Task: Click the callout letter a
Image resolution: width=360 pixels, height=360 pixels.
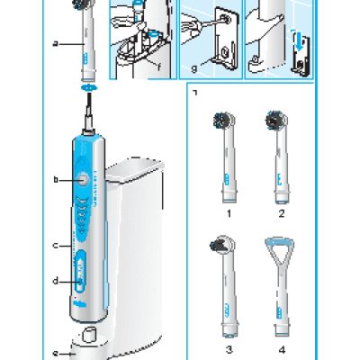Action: click(x=56, y=42)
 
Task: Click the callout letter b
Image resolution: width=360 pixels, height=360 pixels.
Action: click(x=56, y=180)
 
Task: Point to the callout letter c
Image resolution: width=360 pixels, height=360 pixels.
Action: click(x=56, y=244)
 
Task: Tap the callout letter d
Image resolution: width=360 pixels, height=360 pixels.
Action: click(x=56, y=281)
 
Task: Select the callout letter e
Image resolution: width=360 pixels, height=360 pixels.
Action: click(x=56, y=353)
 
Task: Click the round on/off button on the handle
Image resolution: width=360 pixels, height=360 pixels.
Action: click(x=84, y=179)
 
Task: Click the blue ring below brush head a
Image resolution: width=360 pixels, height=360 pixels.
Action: click(x=88, y=88)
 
